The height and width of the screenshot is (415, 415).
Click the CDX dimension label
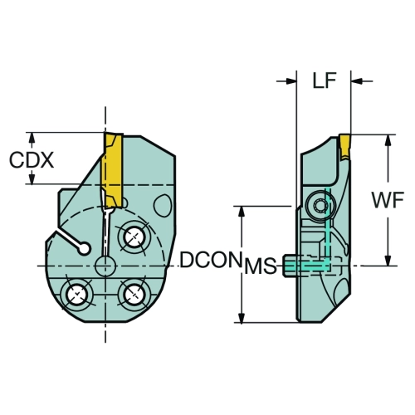click(x=32, y=160)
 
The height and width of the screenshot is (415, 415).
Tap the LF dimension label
click(x=325, y=81)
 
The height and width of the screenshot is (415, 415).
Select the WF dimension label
click(x=388, y=200)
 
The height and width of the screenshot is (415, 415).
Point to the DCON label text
click(x=210, y=261)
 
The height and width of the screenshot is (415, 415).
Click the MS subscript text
click(x=261, y=266)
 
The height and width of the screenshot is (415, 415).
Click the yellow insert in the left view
click(x=113, y=170)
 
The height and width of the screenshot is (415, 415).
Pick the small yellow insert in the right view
click(x=344, y=148)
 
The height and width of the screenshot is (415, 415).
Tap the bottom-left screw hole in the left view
click(x=76, y=295)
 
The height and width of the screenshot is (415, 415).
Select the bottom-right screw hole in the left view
click(x=134, y=294)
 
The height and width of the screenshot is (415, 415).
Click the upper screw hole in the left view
click(x=134, y=237)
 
